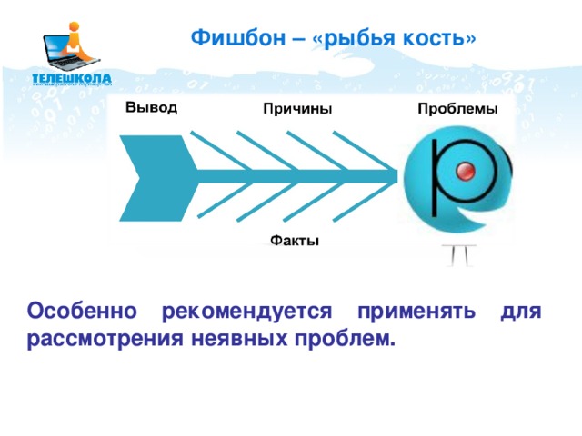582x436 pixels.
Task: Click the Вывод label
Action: pyautogui.click(x=151, y=106)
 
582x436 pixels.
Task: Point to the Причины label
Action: pyautogui.click(x=296, y=109)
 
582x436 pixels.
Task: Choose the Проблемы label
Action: pyautogui.click(x=457, y=109)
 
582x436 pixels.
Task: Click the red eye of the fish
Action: pyautogui.click(x=466, y=172)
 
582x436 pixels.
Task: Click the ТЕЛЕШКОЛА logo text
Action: pyautogui.click(x=72, y=78)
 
